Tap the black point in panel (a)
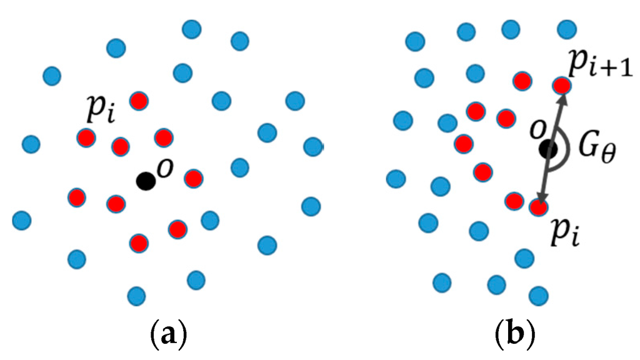click(x=146, y=181)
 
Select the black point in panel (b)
click(x=549, y=149)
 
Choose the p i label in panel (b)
click(x=568, y=234)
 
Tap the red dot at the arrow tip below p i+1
click(x=561, y=85)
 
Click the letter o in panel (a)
click(x=164, y=169)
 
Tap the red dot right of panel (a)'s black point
click(x=194, y=178)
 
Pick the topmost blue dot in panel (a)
click(x=192, y=29)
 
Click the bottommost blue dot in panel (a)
click(x=136, y=294)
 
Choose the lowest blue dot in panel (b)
click(x=537, y=294)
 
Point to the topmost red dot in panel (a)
click(x=139, y=100)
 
